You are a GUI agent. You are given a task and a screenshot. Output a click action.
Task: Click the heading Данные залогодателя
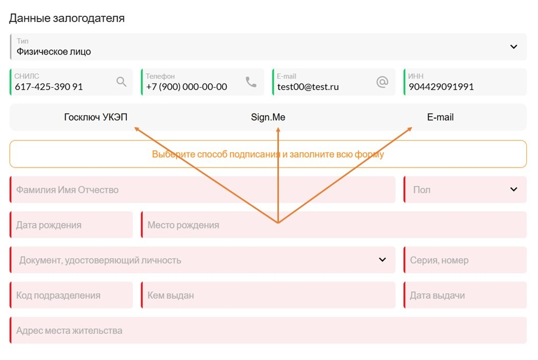click(x=67, y=18)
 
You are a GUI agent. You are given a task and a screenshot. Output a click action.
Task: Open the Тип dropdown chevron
click(x=513, y=47)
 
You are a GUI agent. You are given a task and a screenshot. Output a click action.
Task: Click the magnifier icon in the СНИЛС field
click(x=122, y=81)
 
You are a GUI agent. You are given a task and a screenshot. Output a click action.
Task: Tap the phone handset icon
click(x=251, y=81)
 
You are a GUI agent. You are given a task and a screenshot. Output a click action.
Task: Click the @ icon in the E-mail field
click(x=382, y=81)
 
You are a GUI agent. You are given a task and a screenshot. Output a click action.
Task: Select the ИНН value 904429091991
click(x=441, y=87)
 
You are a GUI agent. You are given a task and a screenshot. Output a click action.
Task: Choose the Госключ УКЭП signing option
click(x=96, y=117)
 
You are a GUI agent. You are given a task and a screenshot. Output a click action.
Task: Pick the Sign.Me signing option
click(x=268, y=117)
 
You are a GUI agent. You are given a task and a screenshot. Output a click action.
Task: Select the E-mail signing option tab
click(x=440, y=117)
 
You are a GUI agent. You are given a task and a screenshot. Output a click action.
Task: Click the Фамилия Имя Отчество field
click(x=203, y=190)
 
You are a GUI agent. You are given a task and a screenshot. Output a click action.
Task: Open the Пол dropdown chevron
click(x=513, y=189)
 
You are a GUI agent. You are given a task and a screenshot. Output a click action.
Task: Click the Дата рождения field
click(x=71, y=225)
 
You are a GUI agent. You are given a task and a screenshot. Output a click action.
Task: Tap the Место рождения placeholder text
click(x=183, y=225)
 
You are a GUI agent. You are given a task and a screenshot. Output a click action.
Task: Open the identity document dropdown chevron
click(x=382, y=260)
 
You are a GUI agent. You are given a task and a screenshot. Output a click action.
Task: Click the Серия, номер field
click(x=465, y=260)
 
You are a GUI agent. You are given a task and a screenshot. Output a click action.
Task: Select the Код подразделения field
click(x=71, y=295)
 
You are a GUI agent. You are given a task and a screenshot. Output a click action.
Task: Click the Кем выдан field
click(x=268, y=295)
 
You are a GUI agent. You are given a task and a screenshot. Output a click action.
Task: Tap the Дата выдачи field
click(x=465, y=295)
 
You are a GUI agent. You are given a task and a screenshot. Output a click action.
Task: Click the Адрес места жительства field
click(x=268, y=330)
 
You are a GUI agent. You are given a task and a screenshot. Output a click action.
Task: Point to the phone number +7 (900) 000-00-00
click(x=187, y=87)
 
